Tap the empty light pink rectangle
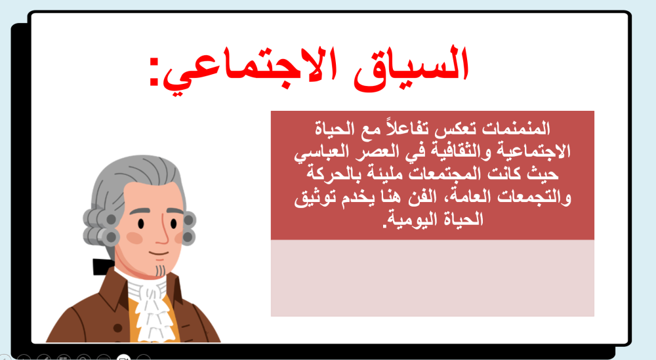tap(432, 278)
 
